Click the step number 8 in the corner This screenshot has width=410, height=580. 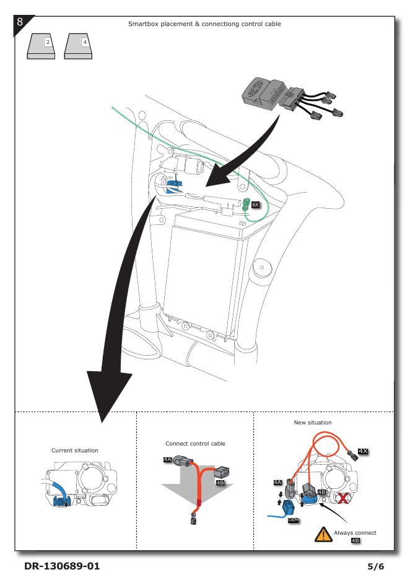click(x=20, y=22)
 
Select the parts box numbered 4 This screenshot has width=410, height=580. click(x=79, y=43)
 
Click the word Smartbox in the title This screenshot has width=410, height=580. click(x=143, y=24)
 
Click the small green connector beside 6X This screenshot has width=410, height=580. click(x=246, y=203)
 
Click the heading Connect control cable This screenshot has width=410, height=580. click(x=195, y=444)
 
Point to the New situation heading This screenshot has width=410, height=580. click(x=313, y=422)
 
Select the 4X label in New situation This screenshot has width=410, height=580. click(x=364, y=450)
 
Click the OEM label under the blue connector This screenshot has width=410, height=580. click(x=294, y=520)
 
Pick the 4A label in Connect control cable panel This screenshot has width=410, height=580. click(x=168, y=460)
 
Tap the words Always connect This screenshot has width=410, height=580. click(x=355, y=532)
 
